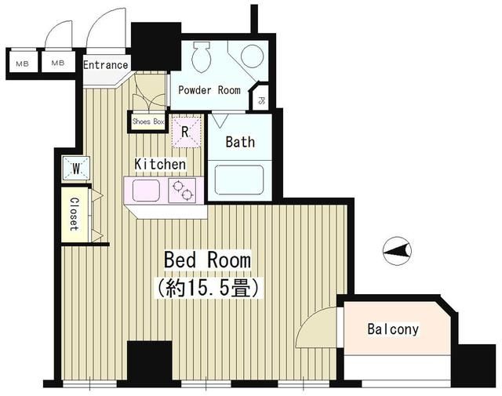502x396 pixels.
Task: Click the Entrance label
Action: [x=105, y=65]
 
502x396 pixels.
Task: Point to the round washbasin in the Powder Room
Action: [x=252, y=56]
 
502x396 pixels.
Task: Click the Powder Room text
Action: [x=209, y=89]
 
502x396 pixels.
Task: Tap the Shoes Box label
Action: [x=148, y=122]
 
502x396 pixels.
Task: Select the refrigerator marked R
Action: [x=185, y=132]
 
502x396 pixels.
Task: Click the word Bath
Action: [x=240, y=142]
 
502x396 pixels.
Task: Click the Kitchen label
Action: [x=160, y=165]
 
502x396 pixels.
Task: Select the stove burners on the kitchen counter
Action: [x=184, y=189]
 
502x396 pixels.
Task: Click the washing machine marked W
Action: [x=77, y=168]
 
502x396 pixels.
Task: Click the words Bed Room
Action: [x=207, y=260]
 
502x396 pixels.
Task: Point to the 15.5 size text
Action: [x=208, y=288]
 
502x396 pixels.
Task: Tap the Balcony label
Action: [x=393, y=329]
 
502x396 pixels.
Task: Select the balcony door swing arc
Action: [x=315, y=327]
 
